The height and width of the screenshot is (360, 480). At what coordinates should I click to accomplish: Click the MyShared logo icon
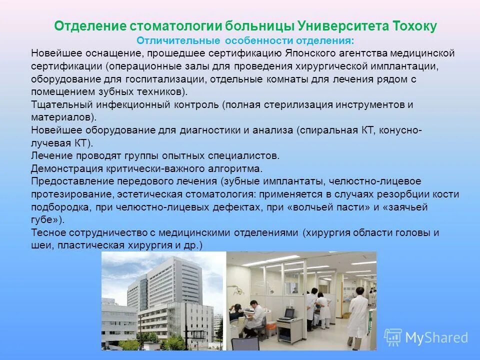393,337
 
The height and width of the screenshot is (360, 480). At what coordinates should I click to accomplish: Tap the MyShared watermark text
436,338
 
